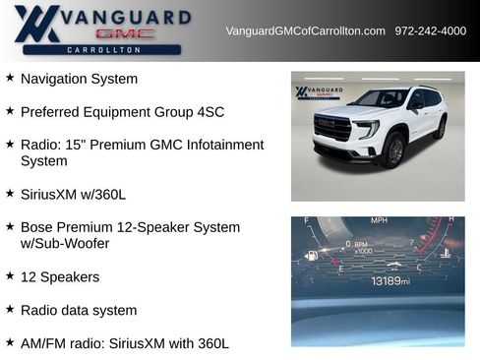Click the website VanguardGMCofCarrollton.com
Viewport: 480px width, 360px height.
point(305,30)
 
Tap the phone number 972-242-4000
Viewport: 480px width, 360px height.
point(430,30)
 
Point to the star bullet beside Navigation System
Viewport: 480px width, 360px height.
point(10,78)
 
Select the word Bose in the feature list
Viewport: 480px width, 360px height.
point(36,227)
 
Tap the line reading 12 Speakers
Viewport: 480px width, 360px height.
point(59,276)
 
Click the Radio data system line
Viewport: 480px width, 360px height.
point(79,310)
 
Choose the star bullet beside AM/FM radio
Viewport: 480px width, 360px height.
point(10,343)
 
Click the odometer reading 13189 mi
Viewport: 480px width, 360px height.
point(390,281)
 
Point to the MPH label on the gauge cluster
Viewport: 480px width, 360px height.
point(379,221)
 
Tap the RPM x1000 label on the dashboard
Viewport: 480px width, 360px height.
point(363,247)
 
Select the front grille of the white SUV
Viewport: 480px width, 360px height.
point(332,128)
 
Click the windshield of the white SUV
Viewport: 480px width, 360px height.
point(380,99)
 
